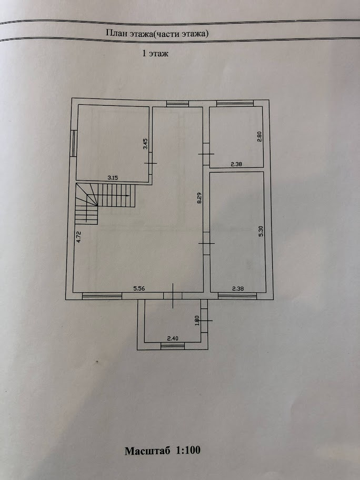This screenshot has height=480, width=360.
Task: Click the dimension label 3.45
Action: pos(146,144)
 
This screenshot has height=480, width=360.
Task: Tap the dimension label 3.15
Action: pos(113,178)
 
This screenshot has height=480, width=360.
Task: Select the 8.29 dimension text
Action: pos(199,198)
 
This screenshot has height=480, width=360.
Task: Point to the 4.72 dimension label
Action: pos(78,236)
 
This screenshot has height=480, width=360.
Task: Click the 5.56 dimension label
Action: pos(139,288)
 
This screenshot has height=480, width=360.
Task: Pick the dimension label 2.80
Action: pos(259,136)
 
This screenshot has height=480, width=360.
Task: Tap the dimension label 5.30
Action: pos(260,231)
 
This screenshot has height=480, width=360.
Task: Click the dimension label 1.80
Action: pos(197,320)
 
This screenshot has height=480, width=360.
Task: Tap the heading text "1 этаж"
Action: pos(155,54)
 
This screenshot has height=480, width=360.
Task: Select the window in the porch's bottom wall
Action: pos(173,345)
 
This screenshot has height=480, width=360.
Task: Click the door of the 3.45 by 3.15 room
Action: pos(151,163)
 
